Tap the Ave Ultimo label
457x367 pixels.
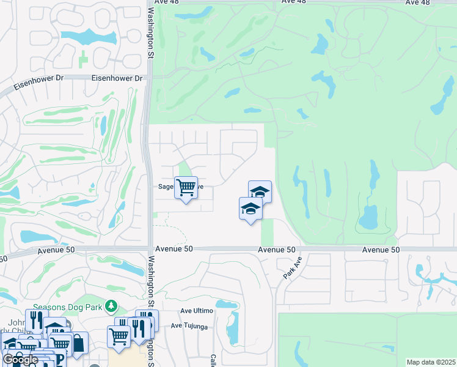click(196, 311)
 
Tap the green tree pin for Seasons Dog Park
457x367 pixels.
click(111, 305)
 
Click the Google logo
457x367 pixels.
click(21, 360)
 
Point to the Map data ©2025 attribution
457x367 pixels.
click(430, 362)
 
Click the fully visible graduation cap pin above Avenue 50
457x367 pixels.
click(250, 210)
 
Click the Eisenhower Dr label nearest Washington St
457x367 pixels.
click(117, 78)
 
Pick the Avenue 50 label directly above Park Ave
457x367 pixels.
click(276, 250)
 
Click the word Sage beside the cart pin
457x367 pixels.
click(166, 187)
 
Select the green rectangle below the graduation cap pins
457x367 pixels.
click(267, 232)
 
